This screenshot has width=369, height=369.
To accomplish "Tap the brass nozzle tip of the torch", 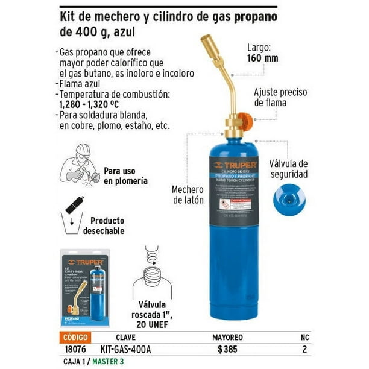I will click(208, 43).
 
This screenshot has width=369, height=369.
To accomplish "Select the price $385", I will click(227, 349).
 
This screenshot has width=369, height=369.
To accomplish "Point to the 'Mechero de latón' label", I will click(188, 194).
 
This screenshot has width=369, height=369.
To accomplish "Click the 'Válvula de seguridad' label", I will click(288, 169).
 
